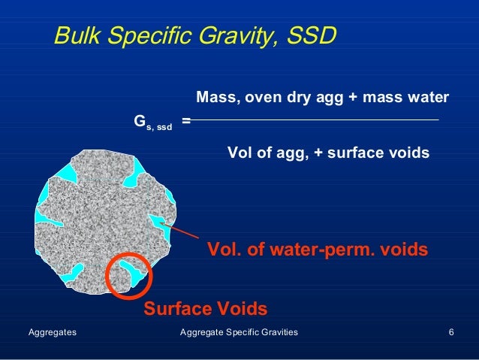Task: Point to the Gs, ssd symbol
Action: pyautogui.click(x=152, y=123)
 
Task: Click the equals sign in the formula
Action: pyautogui.click(x=185, y=120)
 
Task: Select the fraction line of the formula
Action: pyautogui.click(x=315, y=120)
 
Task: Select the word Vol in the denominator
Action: pyautogui.click(x=240, y=153)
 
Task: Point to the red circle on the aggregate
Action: pyautogui.click(x=129, y=274)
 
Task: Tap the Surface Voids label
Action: pyautogui.click(x=205, y=308)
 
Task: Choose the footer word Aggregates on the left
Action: pyautogui.click(x=52, y=331)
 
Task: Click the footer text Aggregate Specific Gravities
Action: pyautogui.click(x=239, y=331)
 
